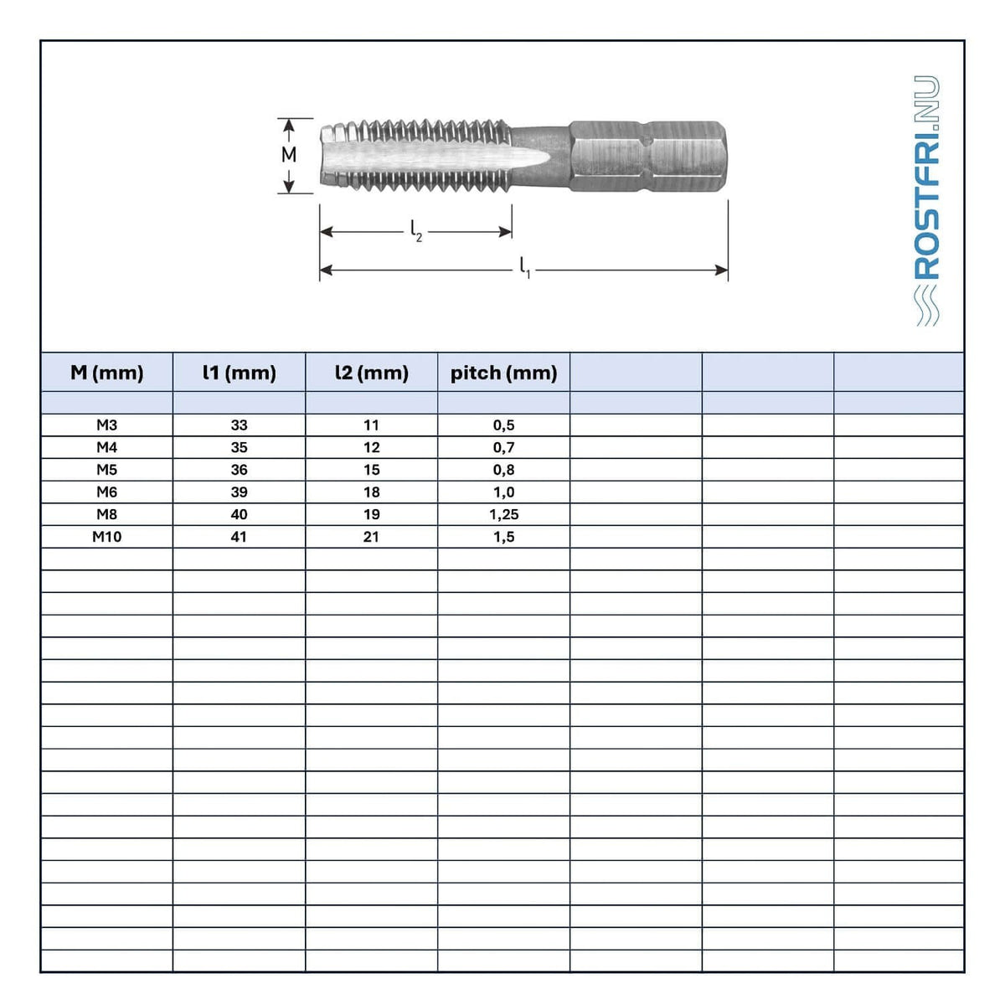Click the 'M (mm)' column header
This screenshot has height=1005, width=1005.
click(x=107, y=373)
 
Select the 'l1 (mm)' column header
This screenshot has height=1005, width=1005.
click(x=240, y=373)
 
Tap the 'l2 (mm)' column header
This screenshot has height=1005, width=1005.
click(x=371, y=373)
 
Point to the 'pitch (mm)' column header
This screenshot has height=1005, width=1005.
click(x=504, y=373)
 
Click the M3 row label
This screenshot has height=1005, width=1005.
click(x=107, y=425)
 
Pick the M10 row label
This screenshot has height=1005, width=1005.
click(x=107, y=537)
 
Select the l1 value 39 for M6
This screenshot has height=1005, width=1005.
click(x=240, y=492)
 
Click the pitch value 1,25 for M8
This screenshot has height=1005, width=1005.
click(x=504, y=514)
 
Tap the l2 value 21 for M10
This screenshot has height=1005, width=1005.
click(x=371, y=537)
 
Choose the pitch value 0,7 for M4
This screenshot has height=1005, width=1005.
click(x=504, y=447)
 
